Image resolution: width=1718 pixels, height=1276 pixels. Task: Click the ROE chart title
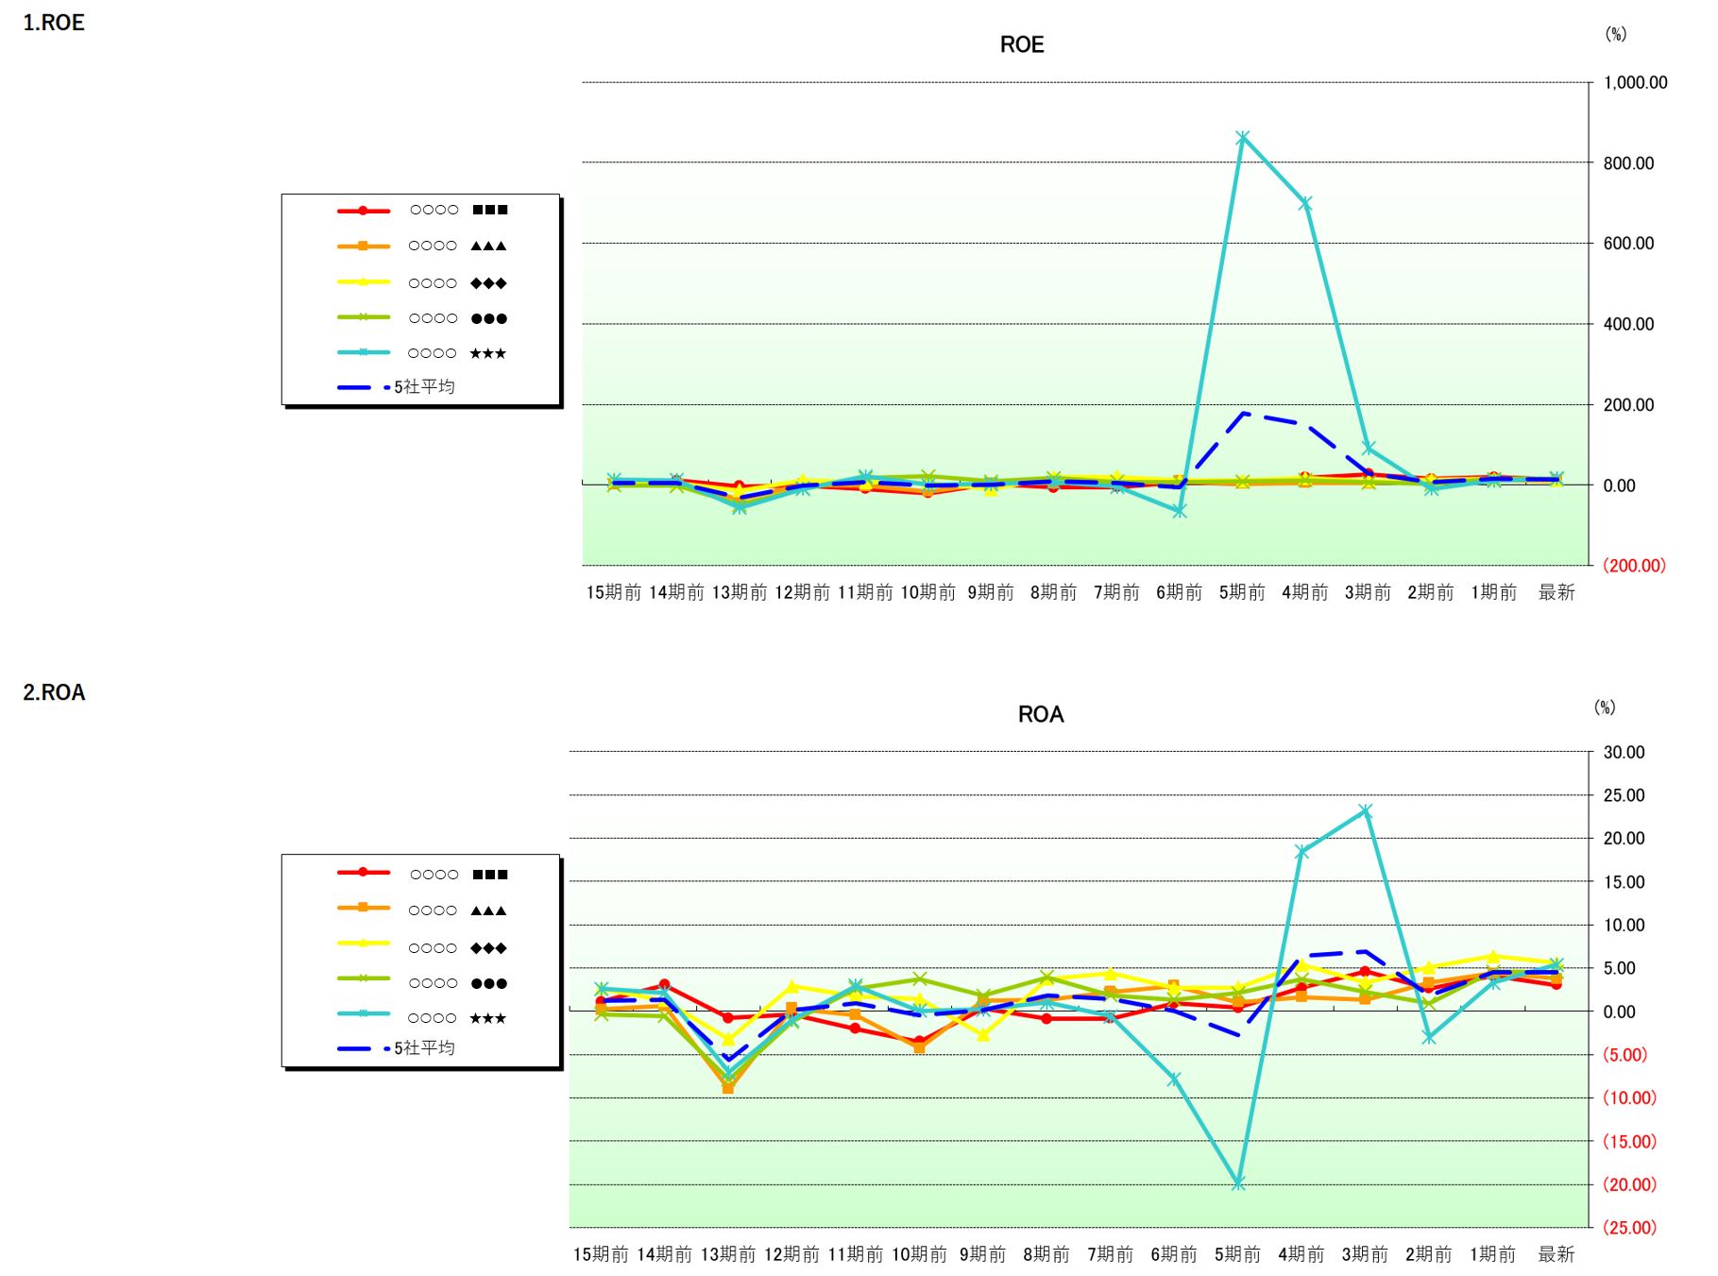pyautogui.click(x=1022, y=44)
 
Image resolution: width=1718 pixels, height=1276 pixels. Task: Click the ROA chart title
pyautogui.click(x=1041, y=714)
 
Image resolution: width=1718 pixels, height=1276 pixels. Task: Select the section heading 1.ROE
pyautogui.click(x=54, y=23)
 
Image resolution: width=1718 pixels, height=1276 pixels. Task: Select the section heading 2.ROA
pyautogui.click(x=54, y=692)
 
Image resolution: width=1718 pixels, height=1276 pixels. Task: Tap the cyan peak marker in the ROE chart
pyautogui.click(x=1243, y=138)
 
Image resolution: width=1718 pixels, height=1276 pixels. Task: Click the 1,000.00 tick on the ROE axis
pyautogui.click(x=1635, y=82)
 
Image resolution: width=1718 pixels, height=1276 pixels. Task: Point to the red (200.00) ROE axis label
pyautogui.click(x=1634, y=566)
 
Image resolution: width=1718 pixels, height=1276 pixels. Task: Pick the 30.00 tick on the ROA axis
pyautogui.click(x=1624, y=752)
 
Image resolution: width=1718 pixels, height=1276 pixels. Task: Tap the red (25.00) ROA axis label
pyautogui.click(x=1629, y=1228)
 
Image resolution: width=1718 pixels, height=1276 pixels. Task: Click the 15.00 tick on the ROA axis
pyautogui.click(x=1624, y=881)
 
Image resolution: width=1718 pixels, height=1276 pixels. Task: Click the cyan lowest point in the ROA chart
pyautogui.click(x=1238, y=1183)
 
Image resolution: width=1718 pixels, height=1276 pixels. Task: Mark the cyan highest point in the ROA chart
pyautogui.click(x=1366, y=810)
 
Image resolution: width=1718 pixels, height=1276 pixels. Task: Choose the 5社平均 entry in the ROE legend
pyautogui.click(x=424, y=386)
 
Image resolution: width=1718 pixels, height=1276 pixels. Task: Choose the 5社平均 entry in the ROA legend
pyautogui.click(x=424, y=1047)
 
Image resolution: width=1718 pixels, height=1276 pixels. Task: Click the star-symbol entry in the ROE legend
pyautogui.click(x=457, y=353)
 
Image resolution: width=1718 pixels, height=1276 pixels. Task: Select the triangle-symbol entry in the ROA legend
pyautogui.click(x=457, y=910)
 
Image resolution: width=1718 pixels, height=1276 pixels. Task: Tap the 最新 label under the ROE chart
pyautogui.click(x=1556, y=592)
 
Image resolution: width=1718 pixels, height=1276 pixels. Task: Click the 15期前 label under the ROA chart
pyautogui.click(x=601, y=1254)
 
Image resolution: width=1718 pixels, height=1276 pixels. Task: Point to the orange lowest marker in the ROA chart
pyautogui.click(x=728, y=1088)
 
